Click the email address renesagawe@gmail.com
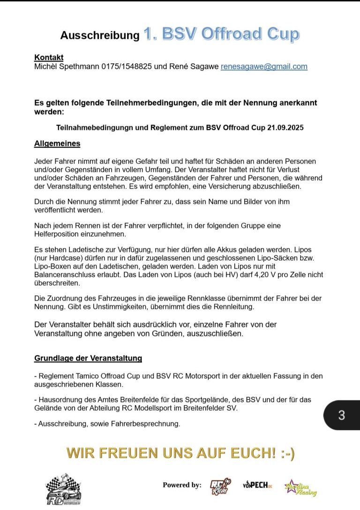coord(264,67)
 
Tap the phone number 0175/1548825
coord(127,67)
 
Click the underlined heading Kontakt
coord(49,58)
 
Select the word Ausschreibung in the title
coord(100,36)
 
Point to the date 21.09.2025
coord(285,127)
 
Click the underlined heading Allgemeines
coord(57,144)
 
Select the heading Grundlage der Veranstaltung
coord(88,359)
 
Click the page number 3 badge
coord(341,415)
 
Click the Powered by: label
coord(182,485)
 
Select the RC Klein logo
coord(220,487)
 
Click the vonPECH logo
coord(257,485)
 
